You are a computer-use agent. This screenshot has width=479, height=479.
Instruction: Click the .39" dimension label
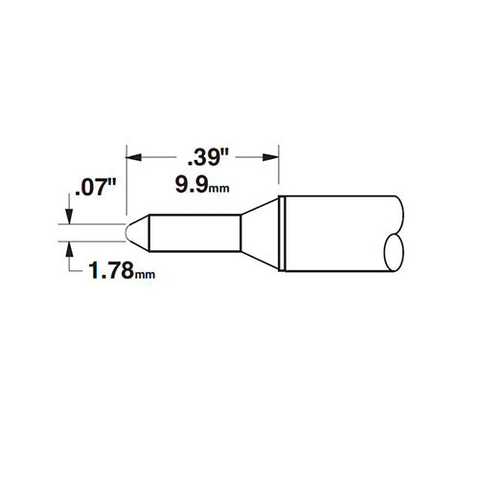tap(208, 158)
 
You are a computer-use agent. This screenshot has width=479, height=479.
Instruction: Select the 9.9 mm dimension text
tap(202, 185)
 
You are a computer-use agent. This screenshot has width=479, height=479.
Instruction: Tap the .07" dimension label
tap(95, 188)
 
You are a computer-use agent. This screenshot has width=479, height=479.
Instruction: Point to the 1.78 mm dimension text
tap(122, 270)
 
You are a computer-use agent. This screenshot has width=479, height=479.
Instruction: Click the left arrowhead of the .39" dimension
tap(134, 157)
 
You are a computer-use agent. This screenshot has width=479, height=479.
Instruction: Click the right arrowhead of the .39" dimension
tap(271, 157)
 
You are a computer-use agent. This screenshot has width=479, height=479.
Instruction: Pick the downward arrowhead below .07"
tap(69, 217)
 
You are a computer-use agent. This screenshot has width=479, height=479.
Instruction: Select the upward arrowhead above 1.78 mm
tap(69, 250)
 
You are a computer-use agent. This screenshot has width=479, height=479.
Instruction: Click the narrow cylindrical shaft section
tap(194, 233)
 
